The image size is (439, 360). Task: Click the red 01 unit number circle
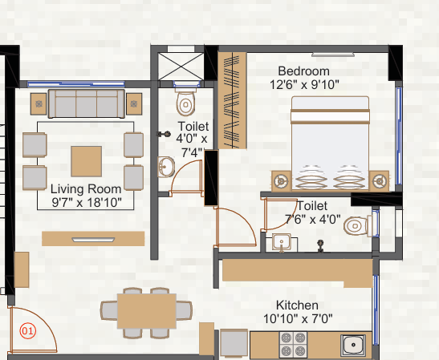28,331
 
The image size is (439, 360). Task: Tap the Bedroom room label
304,71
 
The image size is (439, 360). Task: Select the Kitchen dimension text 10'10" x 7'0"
298,318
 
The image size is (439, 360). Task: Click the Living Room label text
86,189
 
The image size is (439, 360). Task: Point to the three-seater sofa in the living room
87,103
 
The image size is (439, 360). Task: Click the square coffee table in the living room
86,161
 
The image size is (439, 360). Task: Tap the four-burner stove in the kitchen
293,344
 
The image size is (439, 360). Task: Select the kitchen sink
353,346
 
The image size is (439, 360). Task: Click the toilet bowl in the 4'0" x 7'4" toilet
185,101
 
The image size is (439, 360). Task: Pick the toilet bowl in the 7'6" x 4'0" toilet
357,225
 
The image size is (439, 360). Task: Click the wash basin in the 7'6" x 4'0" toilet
282,242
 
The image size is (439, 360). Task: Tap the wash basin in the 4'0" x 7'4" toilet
166,167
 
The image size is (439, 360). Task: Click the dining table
146,311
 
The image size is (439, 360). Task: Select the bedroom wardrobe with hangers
232,100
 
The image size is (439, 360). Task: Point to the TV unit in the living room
93,239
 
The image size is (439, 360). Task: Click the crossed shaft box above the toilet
181,67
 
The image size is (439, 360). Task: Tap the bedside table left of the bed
282,181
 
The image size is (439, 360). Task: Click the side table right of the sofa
134,104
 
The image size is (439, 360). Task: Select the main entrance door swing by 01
33,330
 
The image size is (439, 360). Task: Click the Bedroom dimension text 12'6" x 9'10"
304,84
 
